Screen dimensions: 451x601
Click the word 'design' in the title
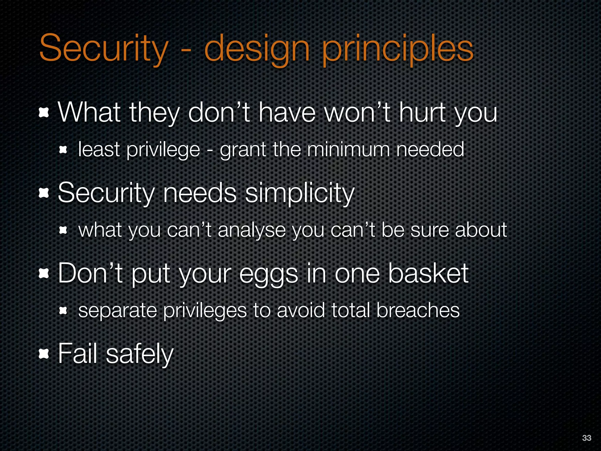[257, 48]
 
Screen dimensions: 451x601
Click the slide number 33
[586, 438]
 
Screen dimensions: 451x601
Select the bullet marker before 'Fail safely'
[44, 354]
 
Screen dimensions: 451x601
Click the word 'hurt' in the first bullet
[423, 113]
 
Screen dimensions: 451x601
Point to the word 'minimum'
[348, 150]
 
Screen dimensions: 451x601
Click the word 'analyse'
[251, 230]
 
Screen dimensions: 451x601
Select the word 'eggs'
[269, 274]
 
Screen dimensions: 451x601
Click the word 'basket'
[428, 273]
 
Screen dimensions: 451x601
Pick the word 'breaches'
[418, 310]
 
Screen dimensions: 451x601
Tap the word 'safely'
[140, 354]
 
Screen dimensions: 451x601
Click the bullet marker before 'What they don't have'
[44, 113]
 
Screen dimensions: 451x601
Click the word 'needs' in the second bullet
[200, 193]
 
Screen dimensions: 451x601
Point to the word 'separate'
[117, 311]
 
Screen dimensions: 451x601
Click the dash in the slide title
[186, 51]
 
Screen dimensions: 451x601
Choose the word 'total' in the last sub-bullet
[350, 310]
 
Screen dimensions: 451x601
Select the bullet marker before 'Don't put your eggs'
[44, 274]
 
